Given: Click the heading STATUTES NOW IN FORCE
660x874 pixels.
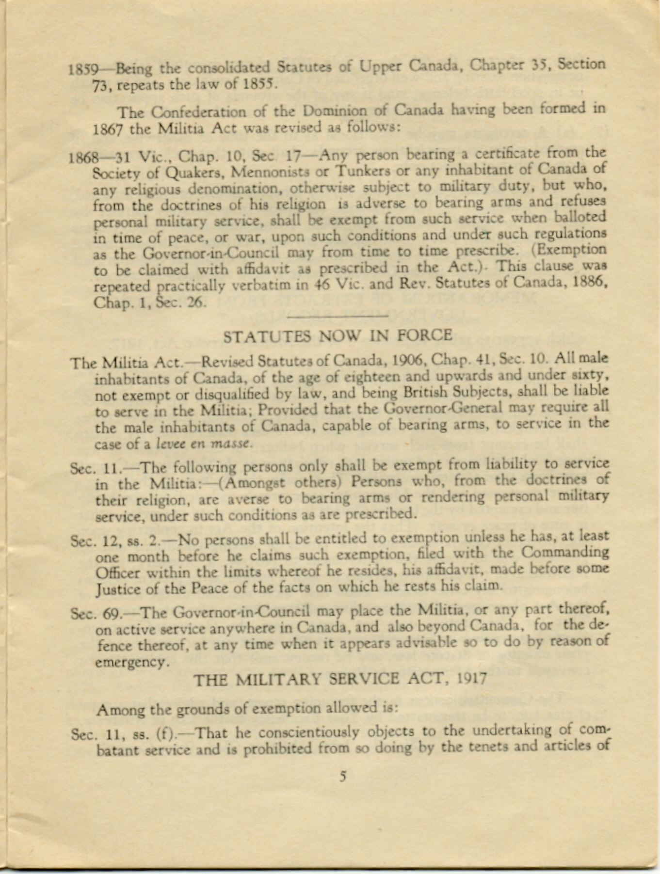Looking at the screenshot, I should click(338, 336).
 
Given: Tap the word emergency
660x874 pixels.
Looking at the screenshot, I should click(132, 662).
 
